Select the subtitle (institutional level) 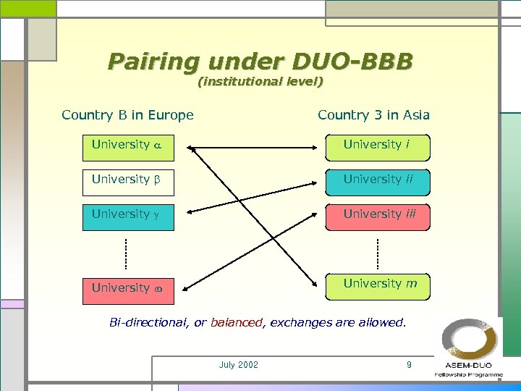(x=260, y=83)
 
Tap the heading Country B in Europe (x=128, y=115)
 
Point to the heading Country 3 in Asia (x=373, y=115)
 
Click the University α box (x=129, y=146)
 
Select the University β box (x=129, y=180)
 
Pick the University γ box (x=129, y=215)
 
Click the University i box (x=377, y=146)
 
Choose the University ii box (x=377, y=180)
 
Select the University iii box (x=377, y=215)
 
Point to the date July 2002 (x=238, y=365)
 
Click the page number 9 (x=409, y=365)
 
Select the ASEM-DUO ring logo (x=470, y=340)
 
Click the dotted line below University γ (x=125, y=252)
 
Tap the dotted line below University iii (x=378, y=252)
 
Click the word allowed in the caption (x=381, y=323)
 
